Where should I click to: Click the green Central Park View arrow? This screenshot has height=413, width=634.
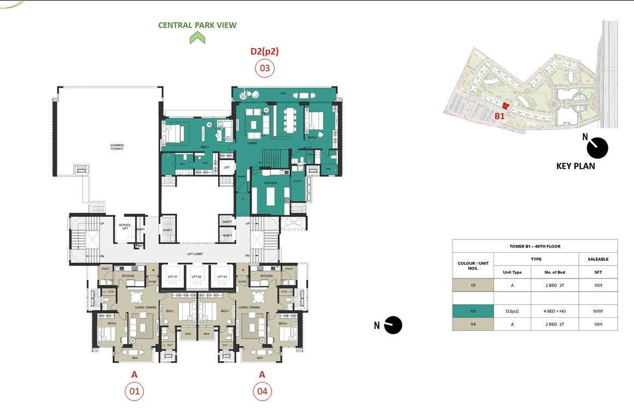coord(197,38)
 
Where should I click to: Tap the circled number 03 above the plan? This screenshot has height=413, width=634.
coord(265,68)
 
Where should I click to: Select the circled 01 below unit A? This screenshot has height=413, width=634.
coord(134,391)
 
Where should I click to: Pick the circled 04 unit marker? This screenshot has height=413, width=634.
coord(262,391)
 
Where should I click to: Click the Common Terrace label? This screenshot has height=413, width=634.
coord(117,147)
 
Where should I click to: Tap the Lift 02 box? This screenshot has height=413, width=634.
coord(197,277)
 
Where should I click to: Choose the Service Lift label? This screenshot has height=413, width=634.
coord(125,226)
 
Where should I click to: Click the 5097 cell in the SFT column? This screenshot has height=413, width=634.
coord(598,311)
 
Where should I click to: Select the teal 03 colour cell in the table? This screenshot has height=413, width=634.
coord(473,311)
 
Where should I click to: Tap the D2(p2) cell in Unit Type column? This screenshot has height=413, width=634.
coord(512,311)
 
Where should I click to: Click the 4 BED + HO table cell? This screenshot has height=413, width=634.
coord(554,311)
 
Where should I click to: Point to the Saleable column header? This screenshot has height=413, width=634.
coord(598,259)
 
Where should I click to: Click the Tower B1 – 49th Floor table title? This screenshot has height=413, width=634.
coord(535,246)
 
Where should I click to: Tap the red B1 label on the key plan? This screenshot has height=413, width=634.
coord(500,116)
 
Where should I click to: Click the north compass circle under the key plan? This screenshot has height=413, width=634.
coord(597,148)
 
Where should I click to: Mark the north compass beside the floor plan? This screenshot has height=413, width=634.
coord(393,325)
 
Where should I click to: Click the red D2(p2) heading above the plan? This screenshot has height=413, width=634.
coord(265,51)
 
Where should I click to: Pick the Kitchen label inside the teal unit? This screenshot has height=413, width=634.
coord(270,183)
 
